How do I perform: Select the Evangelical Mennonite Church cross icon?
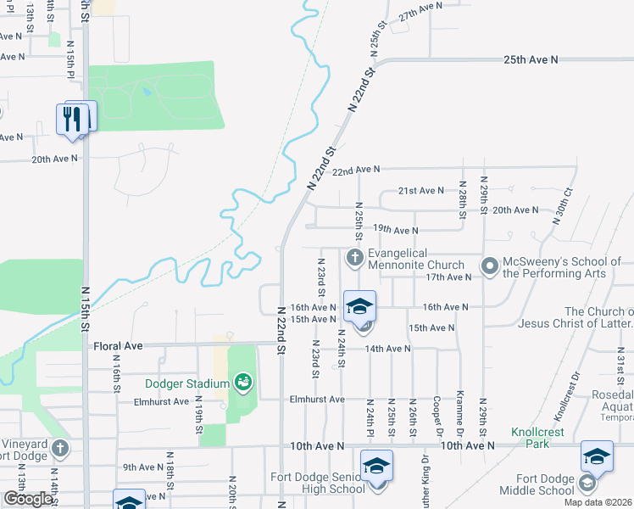355,256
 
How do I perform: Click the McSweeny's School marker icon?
489,266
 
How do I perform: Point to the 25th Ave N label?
531,60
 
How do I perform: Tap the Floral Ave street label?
118,346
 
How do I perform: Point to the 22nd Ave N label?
356,171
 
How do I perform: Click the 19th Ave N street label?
396,230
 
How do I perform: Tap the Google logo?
27,498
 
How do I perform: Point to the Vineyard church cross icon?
59,448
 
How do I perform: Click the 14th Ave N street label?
387,349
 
